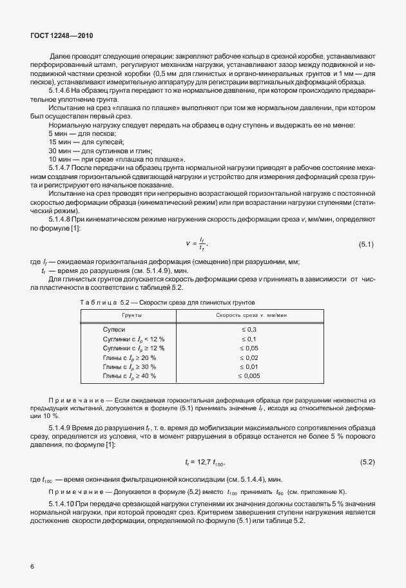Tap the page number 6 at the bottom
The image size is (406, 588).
32,565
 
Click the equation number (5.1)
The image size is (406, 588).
365,243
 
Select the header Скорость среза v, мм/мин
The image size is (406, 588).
249,316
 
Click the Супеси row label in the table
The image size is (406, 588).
114,329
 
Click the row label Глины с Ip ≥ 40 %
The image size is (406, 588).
130,375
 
